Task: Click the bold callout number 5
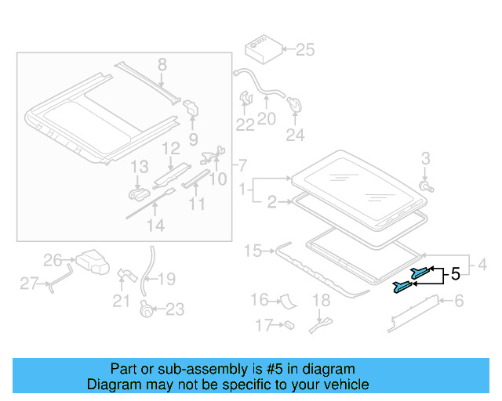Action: [x=454, y=274]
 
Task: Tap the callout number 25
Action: [x=304, y=51]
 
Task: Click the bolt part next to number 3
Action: [x=426, y=187]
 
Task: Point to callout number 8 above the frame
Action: [x=162, y=64]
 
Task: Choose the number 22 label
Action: [x=246, y=125]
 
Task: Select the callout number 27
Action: [x=29, y=284]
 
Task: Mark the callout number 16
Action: [x=259, y=300]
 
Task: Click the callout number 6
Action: [x=459, y=301]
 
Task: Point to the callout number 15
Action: [x=252, y=251]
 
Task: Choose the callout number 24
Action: [x=294, y=135]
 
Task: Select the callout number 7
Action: [x=242, y=166]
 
